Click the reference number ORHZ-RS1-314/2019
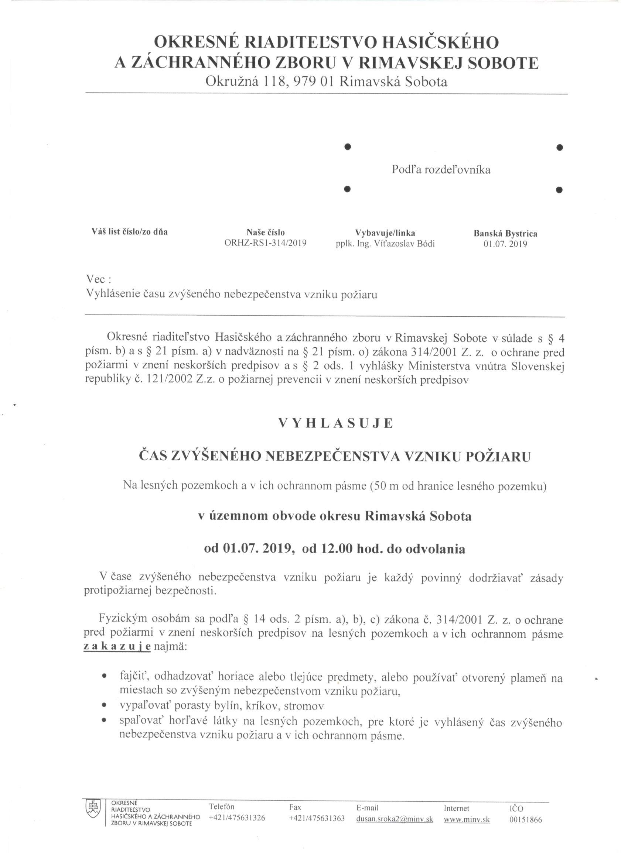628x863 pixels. tap(266, 244)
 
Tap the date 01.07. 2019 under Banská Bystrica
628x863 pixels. tap(505, 244)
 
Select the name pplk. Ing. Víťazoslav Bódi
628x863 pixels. tap(385, 244)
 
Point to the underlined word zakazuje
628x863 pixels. tap(117, 647)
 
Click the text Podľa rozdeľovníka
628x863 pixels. tap(441, 170)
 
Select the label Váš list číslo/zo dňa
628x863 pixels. tap(130, 232)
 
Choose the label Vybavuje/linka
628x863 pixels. tap(385, 233)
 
